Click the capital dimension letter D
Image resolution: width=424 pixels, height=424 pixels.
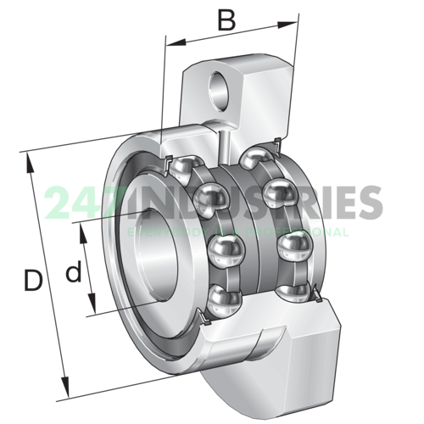click(32, 281)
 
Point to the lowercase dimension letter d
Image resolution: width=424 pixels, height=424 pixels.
click(75, 271)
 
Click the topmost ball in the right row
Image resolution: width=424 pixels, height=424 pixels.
click(256, 158)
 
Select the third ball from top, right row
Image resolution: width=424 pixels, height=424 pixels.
click(294, 246)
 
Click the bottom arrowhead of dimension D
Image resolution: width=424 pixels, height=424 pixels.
click(64, 393)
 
